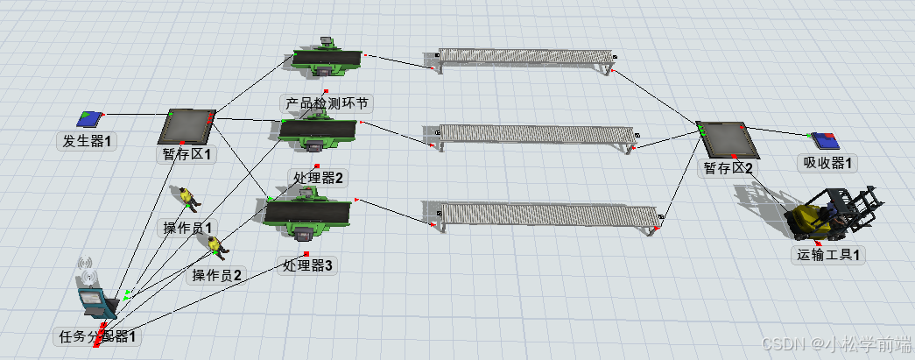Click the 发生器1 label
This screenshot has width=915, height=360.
pyautogui.click(x=88, y=139)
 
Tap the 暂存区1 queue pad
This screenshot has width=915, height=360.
pyautogui.click(x=187, y=125)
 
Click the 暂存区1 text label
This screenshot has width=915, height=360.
pyautogui.click(x=187, y=154)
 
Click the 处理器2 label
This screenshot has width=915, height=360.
pyautogui.click(x=319, y=178)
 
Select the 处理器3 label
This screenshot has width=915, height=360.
pyautogui.click(x=308, y=266)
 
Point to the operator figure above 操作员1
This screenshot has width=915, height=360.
pyautogui.click(x=187, y=198)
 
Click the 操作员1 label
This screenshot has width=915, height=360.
pyautogui.click(x=188, y=228)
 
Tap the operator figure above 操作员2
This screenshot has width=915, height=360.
pyautogui.click(x=216, y=249)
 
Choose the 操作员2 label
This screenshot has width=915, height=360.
pyautogui.click(x=217, y=275)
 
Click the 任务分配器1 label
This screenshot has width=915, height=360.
pyautogui.click(x=97, y=335)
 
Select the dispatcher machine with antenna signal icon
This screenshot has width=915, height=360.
pyautogui.click(x=94, y=293)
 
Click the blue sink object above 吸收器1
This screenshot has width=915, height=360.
pyautogui.click(x=824, y=139)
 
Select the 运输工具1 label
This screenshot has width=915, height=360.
pyautogui.click(x=827, y=256)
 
